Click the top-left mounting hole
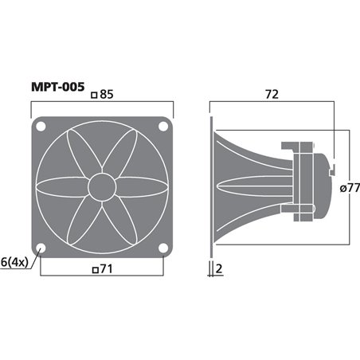pyautogui.click(x=42, y=126)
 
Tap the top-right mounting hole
pyautogui.click(x=163, y=126)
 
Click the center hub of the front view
pyautogui.click(x=103, y=186)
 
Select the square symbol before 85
pyautogui.click(x=95, y=95)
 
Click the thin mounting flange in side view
pyautogui.click(x=212, y=187)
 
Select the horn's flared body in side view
pyautogui.click(x=243, y=187)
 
